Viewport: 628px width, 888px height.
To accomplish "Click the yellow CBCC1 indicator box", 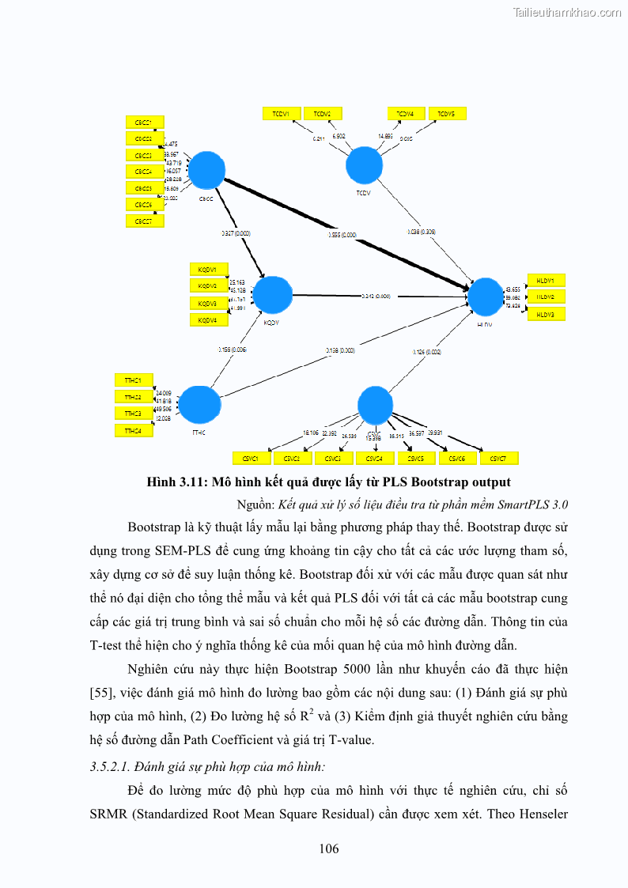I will click(145, 122).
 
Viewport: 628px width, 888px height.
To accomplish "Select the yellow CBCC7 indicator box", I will click(145, 221).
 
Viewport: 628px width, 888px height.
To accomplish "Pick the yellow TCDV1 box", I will click(281, 114).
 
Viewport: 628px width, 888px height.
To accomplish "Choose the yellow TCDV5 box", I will click(447, 114).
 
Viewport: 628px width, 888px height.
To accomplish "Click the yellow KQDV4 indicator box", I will click(208, 320).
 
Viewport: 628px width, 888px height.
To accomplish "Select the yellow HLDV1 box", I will click(546, 280).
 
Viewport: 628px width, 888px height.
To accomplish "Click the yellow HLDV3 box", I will click(546, 315).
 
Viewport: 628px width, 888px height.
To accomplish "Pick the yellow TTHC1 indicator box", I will click(134, 380).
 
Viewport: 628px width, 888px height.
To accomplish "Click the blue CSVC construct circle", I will click(376, 405).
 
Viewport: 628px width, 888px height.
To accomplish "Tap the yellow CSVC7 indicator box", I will click(499, 459).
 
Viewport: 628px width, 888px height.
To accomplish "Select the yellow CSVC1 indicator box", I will click(252, 459).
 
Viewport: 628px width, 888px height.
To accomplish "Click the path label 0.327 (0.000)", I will click(236, 234).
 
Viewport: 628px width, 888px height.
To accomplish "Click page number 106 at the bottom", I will click(329, 849).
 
